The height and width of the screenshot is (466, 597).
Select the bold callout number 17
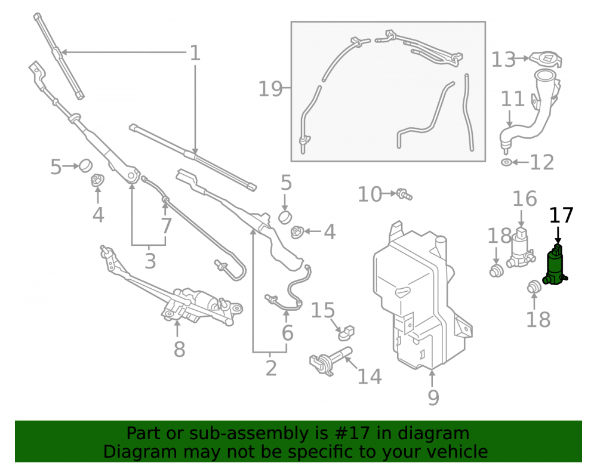click(x=561, y=215)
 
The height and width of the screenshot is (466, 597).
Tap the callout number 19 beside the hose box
click(x=270, y=90)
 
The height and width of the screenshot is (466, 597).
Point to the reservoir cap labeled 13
click(x=546, y=59)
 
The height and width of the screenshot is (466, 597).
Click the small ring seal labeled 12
click(x=506, y=162)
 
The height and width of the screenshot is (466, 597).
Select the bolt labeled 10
click(x=404, y=194)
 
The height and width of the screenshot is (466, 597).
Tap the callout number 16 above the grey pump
click(x=525, y=199)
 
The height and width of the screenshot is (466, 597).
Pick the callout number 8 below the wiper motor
click(x=179, y=349)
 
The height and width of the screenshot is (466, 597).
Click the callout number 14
click(x=370, y=376)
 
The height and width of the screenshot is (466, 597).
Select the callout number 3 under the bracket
click(x=150, y=261)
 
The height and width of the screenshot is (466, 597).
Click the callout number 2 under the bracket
click(x=270, y=368)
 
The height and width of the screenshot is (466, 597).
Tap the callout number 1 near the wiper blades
click(x=195, y=53)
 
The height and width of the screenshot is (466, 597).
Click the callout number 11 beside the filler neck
click(x=512, y=99)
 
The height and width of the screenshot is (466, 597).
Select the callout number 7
click(x=167, y=226)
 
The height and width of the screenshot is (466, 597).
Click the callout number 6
click(x=288, y=333)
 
